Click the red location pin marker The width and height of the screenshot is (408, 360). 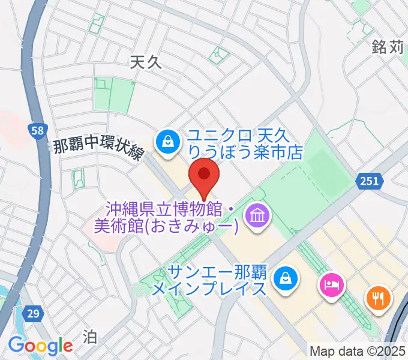tap(204, 175)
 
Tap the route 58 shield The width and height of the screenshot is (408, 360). tap(38, 131)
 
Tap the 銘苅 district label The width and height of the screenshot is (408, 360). tap(388, 47)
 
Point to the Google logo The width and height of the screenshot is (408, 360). tap(40, 346)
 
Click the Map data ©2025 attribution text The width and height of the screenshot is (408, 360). tap(358, 350)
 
